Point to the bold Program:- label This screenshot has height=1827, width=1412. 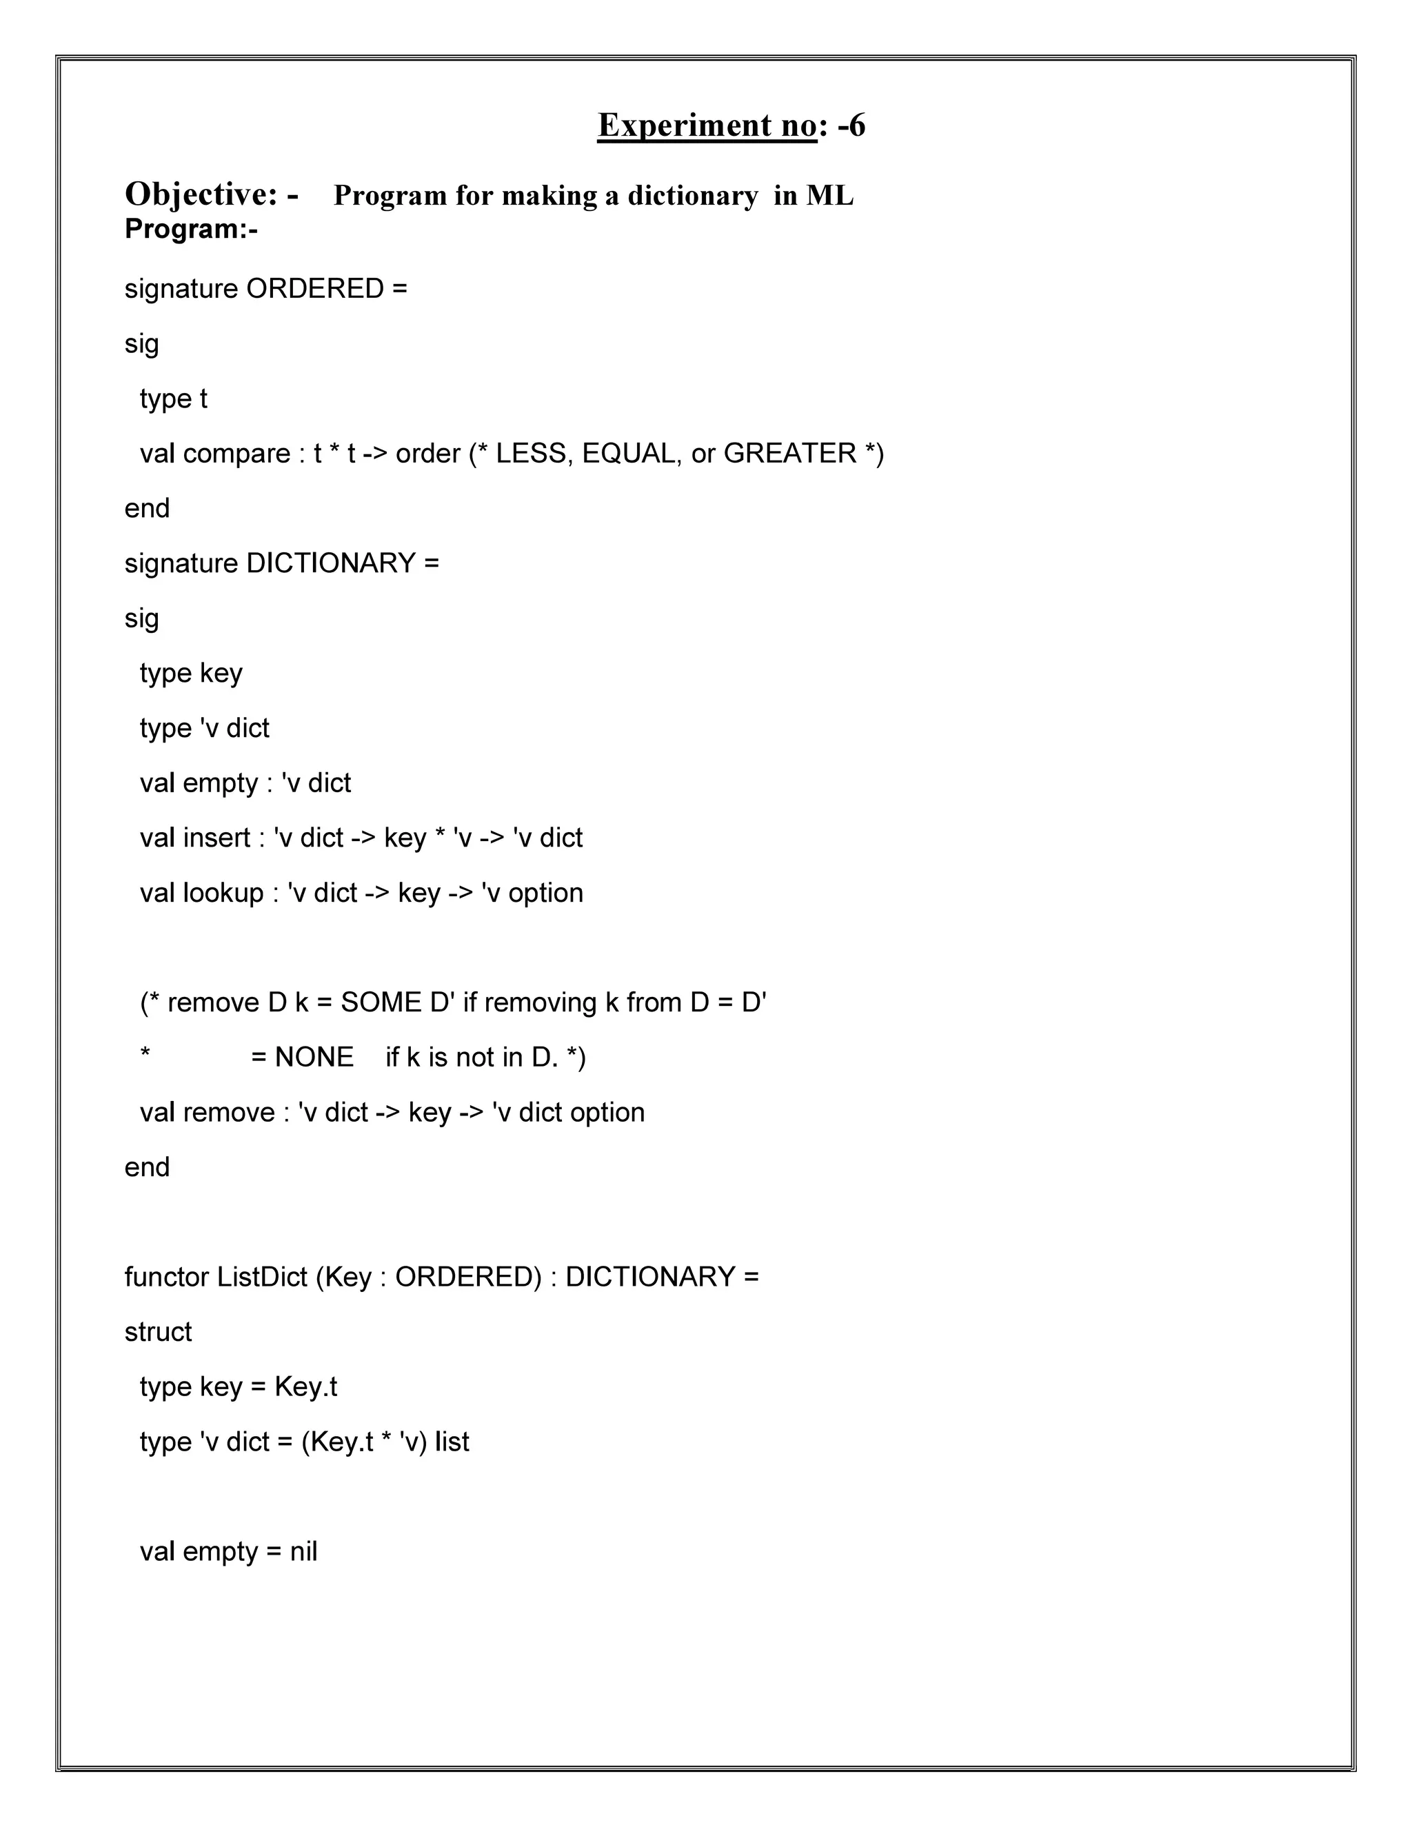click(191, 228)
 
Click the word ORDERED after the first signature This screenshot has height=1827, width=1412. click(314, 289)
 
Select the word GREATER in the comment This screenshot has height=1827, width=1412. click(789, 454)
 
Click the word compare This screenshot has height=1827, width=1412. click(236, 454)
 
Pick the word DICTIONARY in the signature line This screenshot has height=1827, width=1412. click(330, 564)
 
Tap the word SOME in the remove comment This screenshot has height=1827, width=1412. click(381, 1003)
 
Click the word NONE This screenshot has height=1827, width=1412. click(314, 1058)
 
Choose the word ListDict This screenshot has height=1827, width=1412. click(262, 1278)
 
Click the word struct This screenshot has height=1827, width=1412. click(158, 1332)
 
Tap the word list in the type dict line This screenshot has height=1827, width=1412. click(452, 1442)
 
